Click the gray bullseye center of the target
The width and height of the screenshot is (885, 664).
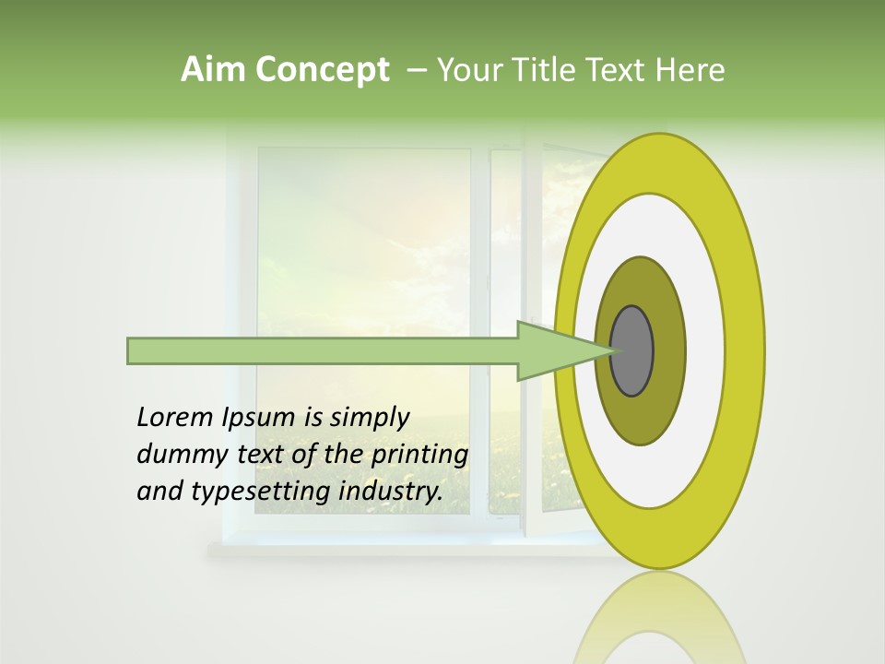632,350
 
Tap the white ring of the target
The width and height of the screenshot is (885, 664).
704,350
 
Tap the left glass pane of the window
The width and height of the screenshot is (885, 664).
363,332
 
